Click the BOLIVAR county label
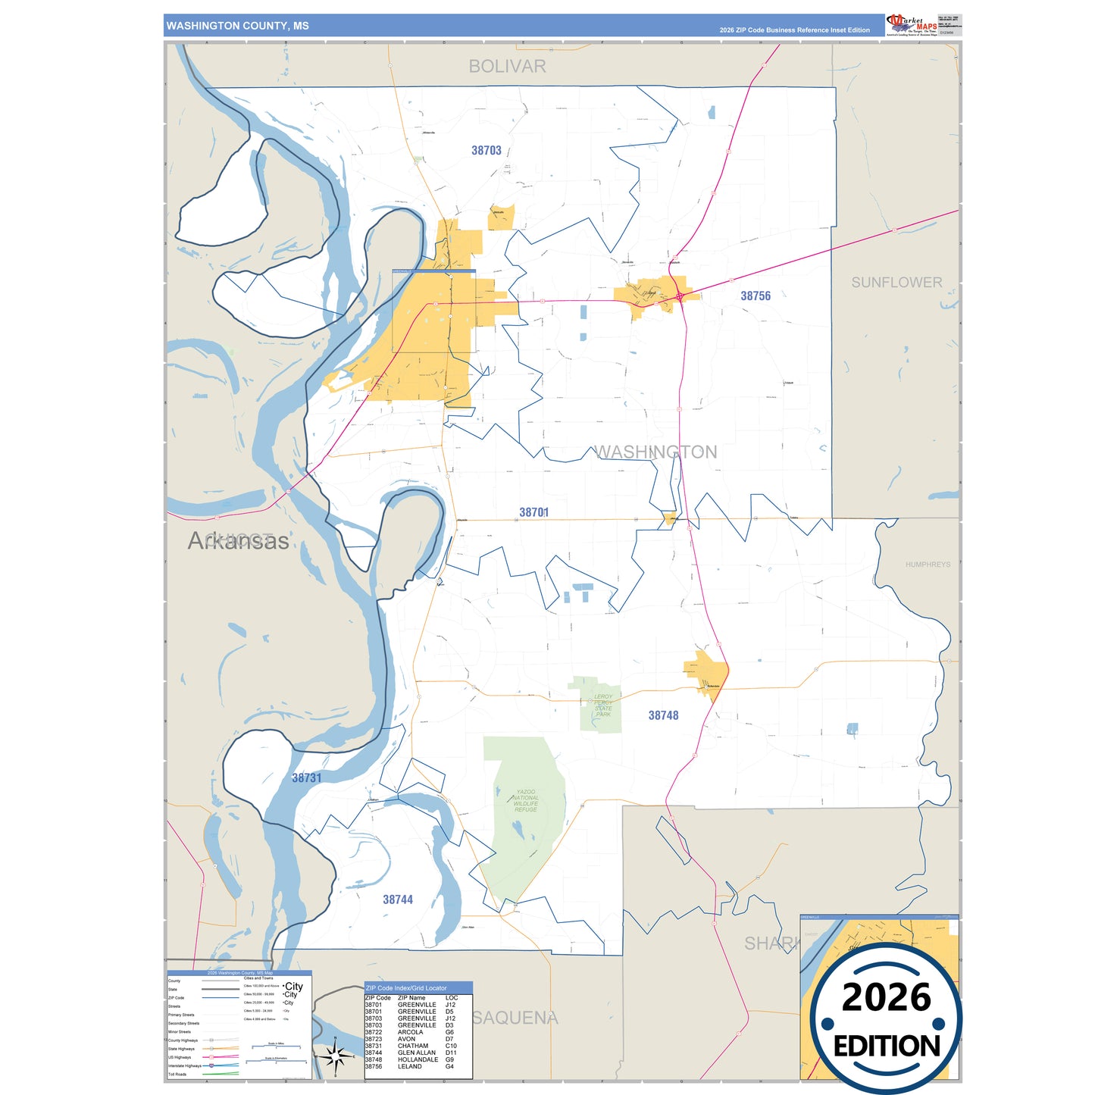coord(507,67)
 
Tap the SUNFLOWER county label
coord(896,283)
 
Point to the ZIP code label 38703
coord(486,151)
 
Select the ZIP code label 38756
coord(756,296)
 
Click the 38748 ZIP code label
coord(663,715)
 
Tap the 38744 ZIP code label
coord(398,899)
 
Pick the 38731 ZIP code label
coord(307,778)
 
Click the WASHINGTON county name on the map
coord(655,452)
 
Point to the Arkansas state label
coord(238,541)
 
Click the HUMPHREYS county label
coord(928,565)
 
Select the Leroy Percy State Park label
coord(603,705)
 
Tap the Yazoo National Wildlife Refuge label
coord(525,800)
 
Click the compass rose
coord(336,1056)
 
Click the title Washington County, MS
coord(237,26)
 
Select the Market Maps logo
coord(912,25)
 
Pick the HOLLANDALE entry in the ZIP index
coord(418,1059)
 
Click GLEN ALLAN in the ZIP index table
coord(417,1053)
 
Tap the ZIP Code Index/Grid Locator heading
coord(406,988)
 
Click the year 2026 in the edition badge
coord(886,997)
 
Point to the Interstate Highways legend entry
coord(185,1066)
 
